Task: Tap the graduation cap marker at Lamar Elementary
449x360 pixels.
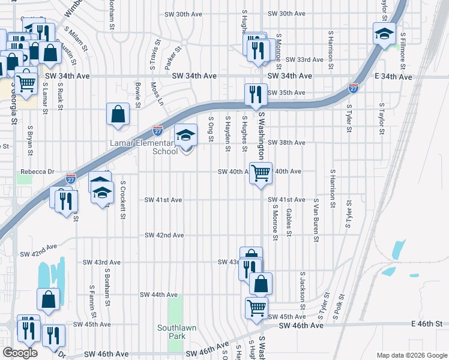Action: click(186, 136)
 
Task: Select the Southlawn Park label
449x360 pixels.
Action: click(170, 332)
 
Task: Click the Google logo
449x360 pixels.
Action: click(20, 353)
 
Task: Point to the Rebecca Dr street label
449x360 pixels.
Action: click(37, 172)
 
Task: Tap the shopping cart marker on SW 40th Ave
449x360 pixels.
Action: click(261, 173)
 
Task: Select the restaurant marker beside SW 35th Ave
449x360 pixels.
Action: click(256, 94)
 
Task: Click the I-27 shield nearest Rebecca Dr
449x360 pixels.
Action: click(71, 178)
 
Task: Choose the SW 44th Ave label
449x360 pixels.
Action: click(158, 295)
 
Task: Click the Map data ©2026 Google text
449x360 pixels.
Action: click(411, 355)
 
